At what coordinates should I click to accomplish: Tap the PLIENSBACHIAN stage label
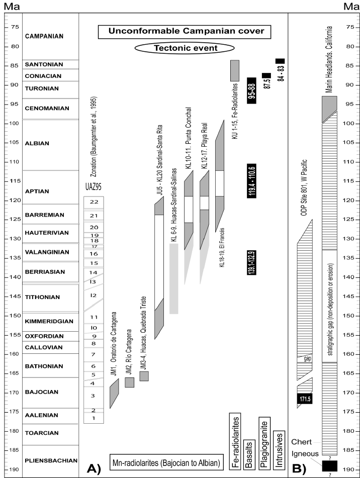tap(51, 460)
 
